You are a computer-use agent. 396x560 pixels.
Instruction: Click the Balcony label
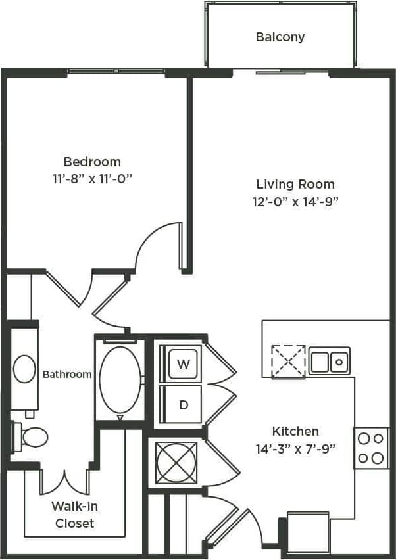[280, 37]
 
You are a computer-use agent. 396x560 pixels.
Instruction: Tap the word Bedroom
[92, 162]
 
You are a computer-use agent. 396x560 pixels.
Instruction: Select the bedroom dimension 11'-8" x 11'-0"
[92, 178]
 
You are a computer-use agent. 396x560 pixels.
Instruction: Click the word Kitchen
[295, 431]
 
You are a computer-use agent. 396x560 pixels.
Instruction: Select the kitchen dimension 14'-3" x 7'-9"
[295, 450]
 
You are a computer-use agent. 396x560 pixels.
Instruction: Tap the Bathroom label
[67, 374]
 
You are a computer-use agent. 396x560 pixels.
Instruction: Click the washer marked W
[184, 363]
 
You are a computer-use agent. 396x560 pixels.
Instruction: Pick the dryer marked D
[184, 404]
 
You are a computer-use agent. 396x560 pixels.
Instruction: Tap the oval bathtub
[120, 379]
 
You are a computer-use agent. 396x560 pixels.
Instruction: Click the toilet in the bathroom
[31, 436]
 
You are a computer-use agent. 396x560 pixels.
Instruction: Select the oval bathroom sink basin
[25, 369]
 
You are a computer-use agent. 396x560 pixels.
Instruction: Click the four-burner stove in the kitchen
[371, 448]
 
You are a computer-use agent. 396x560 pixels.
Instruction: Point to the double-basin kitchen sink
[330, 361]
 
